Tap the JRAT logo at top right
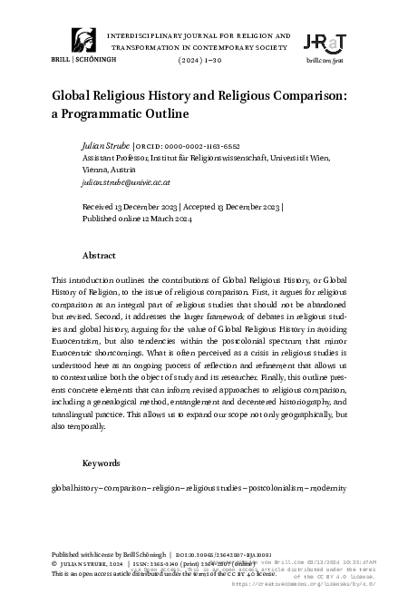(325, 41)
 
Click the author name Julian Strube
(105, 146)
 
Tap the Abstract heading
(99, 256)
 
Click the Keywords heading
(102, 463)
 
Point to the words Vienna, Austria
(110, 170)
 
